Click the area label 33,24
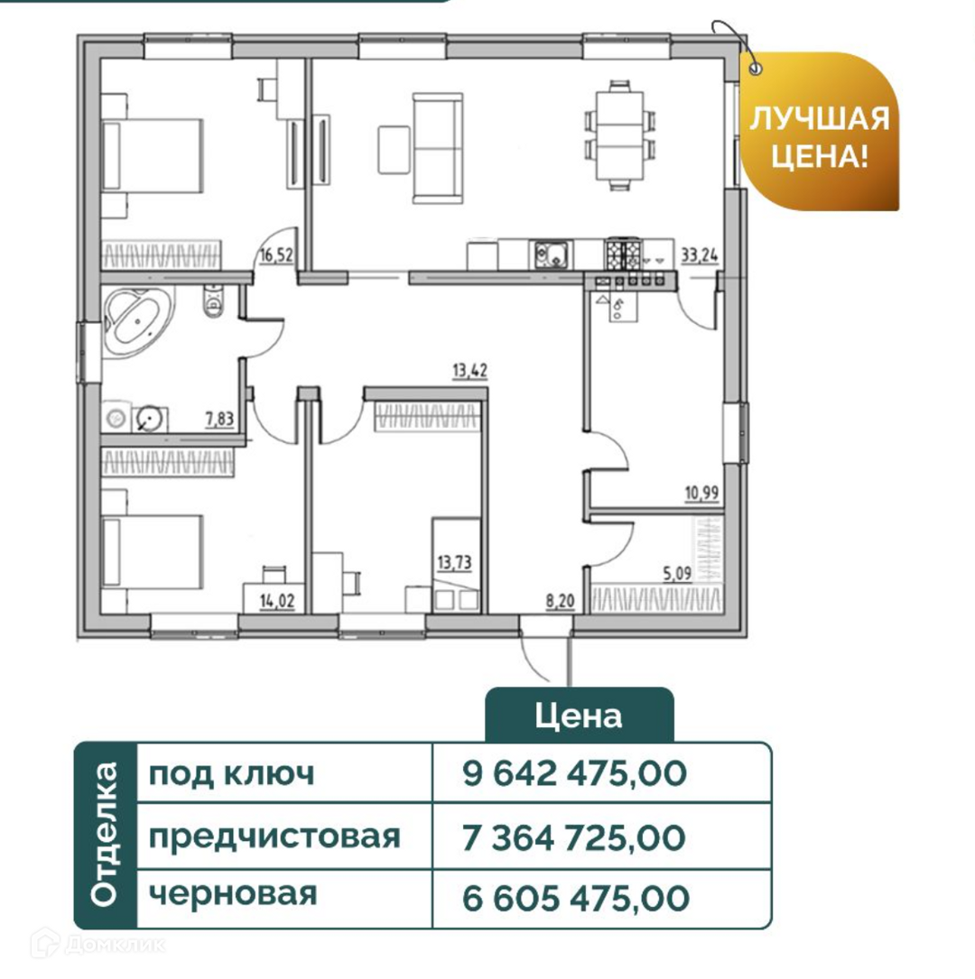(699, 254)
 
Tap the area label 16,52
(277, 254)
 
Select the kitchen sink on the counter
(551, 254)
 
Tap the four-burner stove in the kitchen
(624, 253)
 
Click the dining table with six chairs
(618, 135)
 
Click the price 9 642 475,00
(575, 773)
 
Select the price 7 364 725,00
(574, 836)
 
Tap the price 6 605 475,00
(575, 898)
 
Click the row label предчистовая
(274, 836)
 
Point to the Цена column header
(579, 716)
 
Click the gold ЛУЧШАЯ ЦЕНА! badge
(820, 134)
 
